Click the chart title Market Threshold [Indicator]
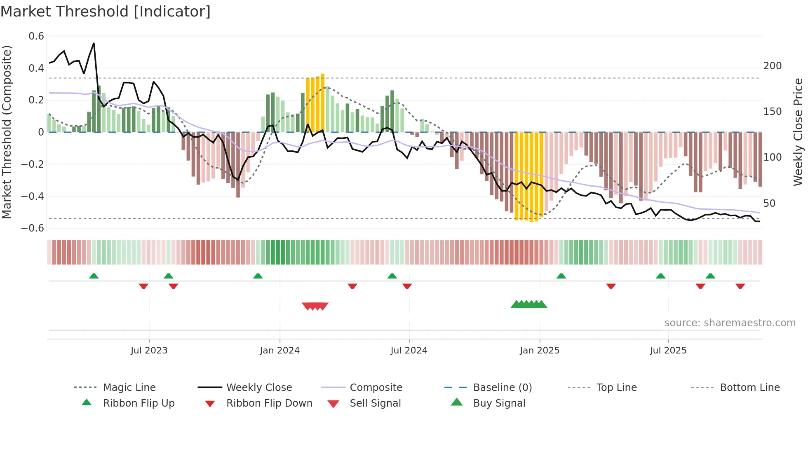tap(106, 12)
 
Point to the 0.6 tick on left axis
tap(36, 36)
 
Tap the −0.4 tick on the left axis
tap(33, 196)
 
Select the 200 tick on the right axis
tap(772, 66)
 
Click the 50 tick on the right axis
tap(769, 203)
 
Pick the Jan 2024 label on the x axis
tap(280, 351)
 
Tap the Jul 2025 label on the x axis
tap(668, 351)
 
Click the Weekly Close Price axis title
tap(798, 132)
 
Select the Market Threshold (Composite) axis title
tap(7, 132)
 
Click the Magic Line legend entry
tap(129, 388)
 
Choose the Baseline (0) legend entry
tap(502, 388)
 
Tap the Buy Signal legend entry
tap(499, 403)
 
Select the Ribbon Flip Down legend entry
tap(269, 403)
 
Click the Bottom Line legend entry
tap(749, 388)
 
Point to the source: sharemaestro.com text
tap(730, 323)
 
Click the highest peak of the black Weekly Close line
tap(94, 43)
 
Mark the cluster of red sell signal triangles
tap(315, 306)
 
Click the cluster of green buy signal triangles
tap(529, 304)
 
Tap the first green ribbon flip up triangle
tap(94, 276)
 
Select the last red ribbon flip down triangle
tap(740, 286)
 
